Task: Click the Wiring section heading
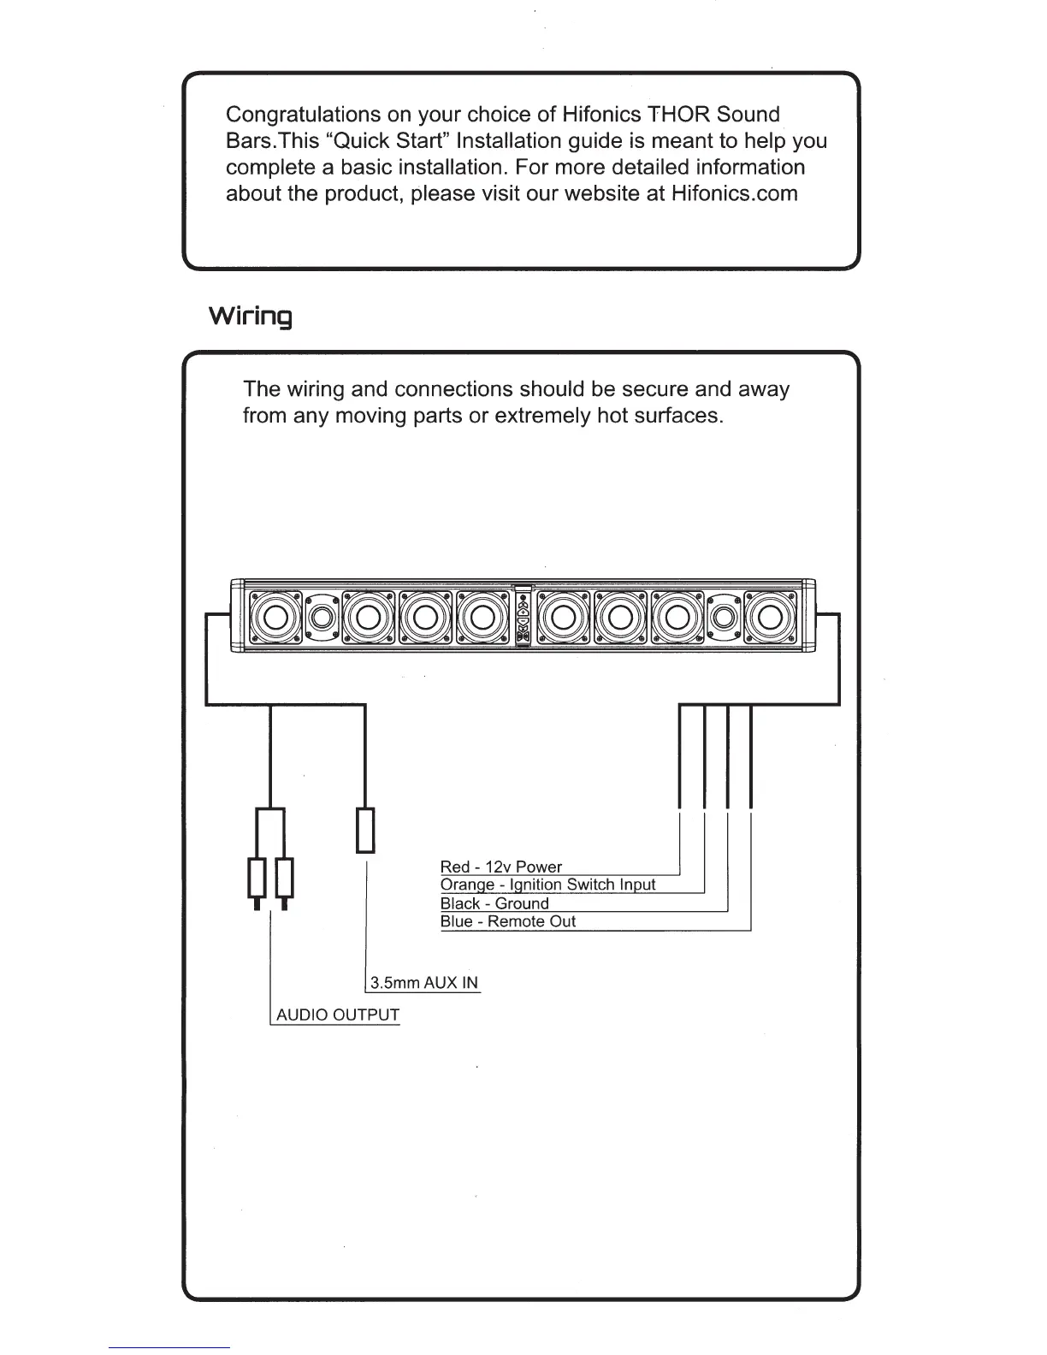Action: pos(251,317)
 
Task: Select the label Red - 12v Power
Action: pos(500,867)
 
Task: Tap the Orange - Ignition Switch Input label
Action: pos(547,885)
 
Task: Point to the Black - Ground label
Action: pos(494,903)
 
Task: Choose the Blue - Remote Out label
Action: pos(507,921)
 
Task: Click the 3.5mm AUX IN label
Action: pos(423,982)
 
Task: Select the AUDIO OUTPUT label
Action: pos(337,1015)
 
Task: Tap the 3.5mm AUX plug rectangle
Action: pos(365,830)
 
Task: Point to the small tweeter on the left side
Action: pos(322,616)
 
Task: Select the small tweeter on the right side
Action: pos(724,616)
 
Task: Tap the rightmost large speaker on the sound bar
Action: pos(769,616)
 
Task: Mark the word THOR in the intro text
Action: pos(679,115)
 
